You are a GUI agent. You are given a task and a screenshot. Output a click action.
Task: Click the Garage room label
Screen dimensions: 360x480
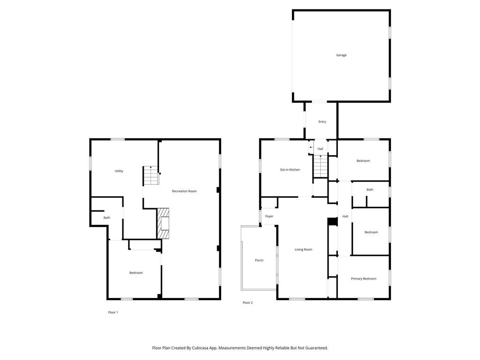[x=341, y=55]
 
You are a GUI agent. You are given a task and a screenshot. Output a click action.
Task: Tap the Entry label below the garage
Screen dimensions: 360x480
[x=322, y=122]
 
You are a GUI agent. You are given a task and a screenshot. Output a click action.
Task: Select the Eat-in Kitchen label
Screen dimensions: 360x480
[x=290, y=170]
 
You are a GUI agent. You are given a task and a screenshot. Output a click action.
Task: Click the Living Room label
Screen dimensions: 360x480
[x=303, y=249]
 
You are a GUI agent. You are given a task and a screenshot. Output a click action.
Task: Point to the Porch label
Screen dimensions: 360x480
[x=259, y=260]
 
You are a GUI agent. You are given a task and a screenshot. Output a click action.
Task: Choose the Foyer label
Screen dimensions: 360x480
[x=269, y=216]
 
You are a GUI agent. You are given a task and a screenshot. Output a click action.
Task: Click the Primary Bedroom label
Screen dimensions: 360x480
[x=364, y=278]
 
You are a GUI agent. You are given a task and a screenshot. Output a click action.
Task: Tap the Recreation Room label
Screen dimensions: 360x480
[x=184, y=191]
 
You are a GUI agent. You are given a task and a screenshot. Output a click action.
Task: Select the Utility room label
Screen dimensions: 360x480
[x=119, y=171]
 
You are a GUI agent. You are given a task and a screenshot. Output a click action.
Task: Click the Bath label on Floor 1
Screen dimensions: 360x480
[x=107, y=217]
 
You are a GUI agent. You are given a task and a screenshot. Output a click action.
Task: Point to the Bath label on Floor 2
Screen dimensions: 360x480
[x=370, y=190]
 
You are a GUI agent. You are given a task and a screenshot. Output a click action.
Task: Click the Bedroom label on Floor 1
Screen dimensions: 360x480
[x=136, y=273]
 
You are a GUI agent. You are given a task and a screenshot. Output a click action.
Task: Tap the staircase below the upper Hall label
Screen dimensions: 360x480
[x=320, y=166]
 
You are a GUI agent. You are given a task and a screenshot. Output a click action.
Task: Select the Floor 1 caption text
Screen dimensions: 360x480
[x=113, y=312]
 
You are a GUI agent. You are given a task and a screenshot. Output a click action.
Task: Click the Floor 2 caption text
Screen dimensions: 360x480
[x=247, y=303]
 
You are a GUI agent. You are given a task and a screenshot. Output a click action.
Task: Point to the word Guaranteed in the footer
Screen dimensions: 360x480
[x=315, y=348]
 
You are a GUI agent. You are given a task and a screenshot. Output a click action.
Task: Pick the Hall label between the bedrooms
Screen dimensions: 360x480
[x=345, y=216]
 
